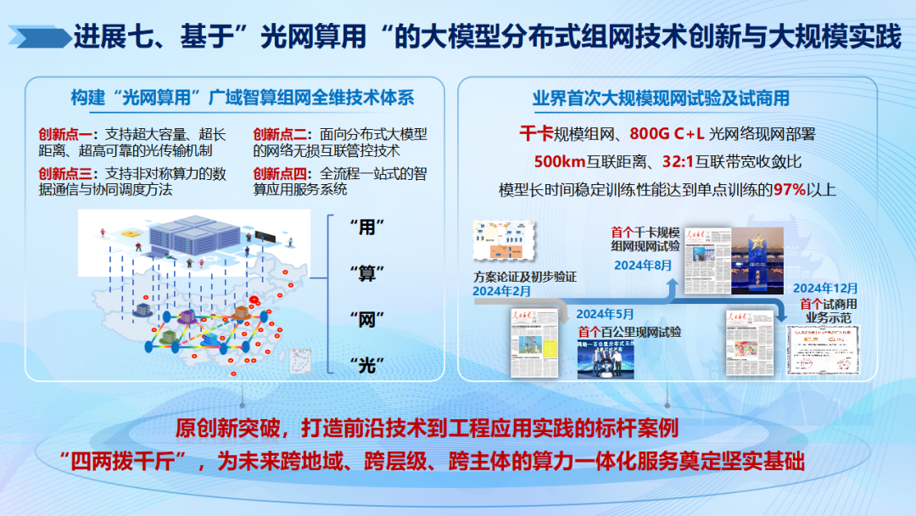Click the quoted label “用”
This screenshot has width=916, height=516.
tap(367, 227)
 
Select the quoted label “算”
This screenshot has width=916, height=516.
tap(367, 273)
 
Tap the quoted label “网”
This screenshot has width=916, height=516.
tap(367, 319)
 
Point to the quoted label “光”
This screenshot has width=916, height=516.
tap(367, 366)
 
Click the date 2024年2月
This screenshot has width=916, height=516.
tap(502, 291)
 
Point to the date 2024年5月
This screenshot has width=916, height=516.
tap(606, 312)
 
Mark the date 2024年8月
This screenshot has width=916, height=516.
tap(643, 265)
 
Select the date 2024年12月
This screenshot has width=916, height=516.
tap(825, 289)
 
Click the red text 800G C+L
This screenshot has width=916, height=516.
tap(667, 133)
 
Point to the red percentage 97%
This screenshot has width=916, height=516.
tap(788, 189)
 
